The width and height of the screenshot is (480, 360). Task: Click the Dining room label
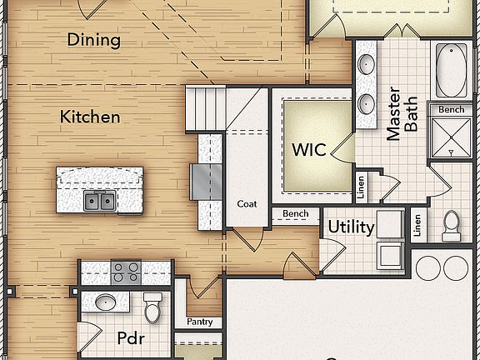pyautogui.click(x=93, y=39)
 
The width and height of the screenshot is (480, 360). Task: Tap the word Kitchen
pyautogui.click(x=89, y=117)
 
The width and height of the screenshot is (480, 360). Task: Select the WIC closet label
pyautogui.click(x=308, y=151)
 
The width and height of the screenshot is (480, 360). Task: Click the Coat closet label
pyautogui.click(x=246, y=203)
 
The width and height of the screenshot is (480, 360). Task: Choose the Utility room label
pyautogui.click(x=350, y=227)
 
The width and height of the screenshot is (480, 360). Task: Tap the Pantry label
pyautogui.click(x=199, y=322)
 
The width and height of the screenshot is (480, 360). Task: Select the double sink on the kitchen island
pyautogui.click(x=99, y=200)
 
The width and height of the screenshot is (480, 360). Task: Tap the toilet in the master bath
pyautogui.click(x=452, y=223)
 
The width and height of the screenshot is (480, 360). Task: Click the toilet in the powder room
pyautogui.click(x=152, y=307)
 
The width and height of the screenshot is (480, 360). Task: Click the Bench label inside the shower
pyautogui.click(x=452, y=109)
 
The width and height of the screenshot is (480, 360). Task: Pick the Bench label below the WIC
pyautogui.click(x=295, y=214)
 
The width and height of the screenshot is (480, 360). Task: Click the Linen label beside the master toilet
pyautogui.click(x=417, y=223)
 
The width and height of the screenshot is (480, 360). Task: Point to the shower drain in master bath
pyautogui.click(x=452, y=152)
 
